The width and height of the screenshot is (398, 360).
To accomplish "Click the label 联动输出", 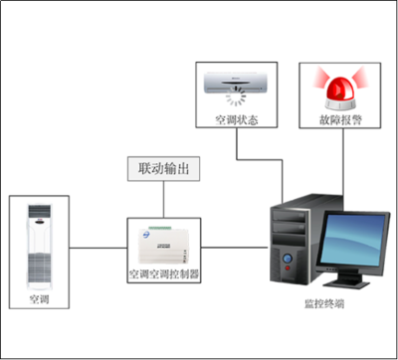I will pos(163,168).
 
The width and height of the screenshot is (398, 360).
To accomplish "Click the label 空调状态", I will pos(236,120).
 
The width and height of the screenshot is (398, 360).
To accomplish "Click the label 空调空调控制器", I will pos(163,272).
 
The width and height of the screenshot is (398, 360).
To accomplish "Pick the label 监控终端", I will pos(322,302).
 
